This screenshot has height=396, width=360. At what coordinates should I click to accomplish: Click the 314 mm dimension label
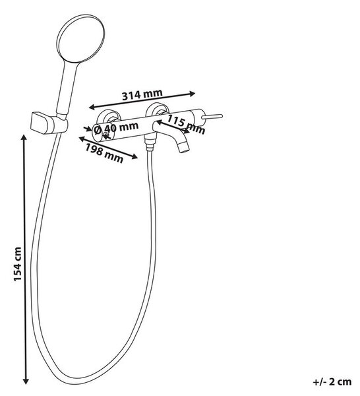142,94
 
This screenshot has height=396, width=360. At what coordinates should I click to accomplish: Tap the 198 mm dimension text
104,153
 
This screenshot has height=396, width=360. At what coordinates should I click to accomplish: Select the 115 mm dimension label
186,124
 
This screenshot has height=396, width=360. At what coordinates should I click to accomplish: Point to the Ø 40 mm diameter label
116,128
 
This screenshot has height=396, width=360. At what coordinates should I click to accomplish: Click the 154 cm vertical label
18,264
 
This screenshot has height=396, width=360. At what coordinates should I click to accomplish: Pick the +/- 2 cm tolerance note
332,381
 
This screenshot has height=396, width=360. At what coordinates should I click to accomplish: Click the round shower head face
80,39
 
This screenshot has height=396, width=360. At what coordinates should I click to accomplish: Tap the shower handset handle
67,89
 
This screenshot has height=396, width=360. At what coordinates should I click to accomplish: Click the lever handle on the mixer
212,117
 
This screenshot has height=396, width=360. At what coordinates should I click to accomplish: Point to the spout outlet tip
185,148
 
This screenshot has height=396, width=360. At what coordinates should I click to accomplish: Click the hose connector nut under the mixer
150,143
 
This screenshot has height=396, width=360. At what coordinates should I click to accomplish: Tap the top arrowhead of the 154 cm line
24,138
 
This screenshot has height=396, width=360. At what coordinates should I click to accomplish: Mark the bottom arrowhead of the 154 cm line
26,381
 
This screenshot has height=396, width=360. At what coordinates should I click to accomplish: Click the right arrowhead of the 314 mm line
193,94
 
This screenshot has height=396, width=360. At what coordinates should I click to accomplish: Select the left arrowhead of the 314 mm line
92,107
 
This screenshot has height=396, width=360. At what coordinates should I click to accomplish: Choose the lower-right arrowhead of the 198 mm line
135,156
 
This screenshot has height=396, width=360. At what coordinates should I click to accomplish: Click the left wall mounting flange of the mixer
108,116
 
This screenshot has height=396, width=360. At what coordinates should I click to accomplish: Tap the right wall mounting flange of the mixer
158,110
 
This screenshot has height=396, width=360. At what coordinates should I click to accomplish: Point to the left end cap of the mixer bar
98,133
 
